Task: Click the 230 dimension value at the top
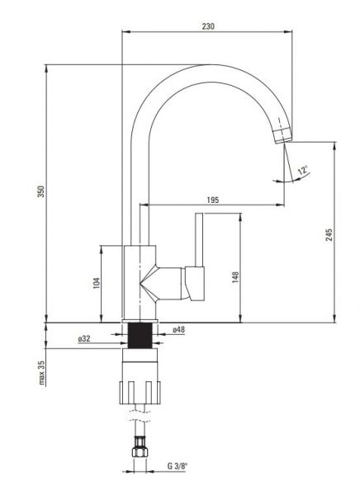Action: (208, 26)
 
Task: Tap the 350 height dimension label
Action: (41, 191)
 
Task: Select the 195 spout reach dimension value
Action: (213, 200)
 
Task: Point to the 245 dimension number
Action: (329, 235)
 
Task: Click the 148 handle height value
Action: (235, 277)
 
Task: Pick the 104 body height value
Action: (97, 283)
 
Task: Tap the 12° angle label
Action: (303, 170)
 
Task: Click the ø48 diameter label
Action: (178, 329)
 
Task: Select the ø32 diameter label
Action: (84, 339)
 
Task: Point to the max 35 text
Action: (42, 373)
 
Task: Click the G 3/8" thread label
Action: (178, 466)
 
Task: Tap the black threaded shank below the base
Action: (140, 335)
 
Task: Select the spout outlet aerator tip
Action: (282, 136)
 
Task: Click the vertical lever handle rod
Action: (199, 240)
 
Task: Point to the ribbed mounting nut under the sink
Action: (140, 393)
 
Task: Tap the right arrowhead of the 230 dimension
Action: (288, 31)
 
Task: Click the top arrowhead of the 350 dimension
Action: (46, 69)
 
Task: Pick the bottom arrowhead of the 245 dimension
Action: (335, 318)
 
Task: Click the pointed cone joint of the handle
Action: (148, 283)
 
